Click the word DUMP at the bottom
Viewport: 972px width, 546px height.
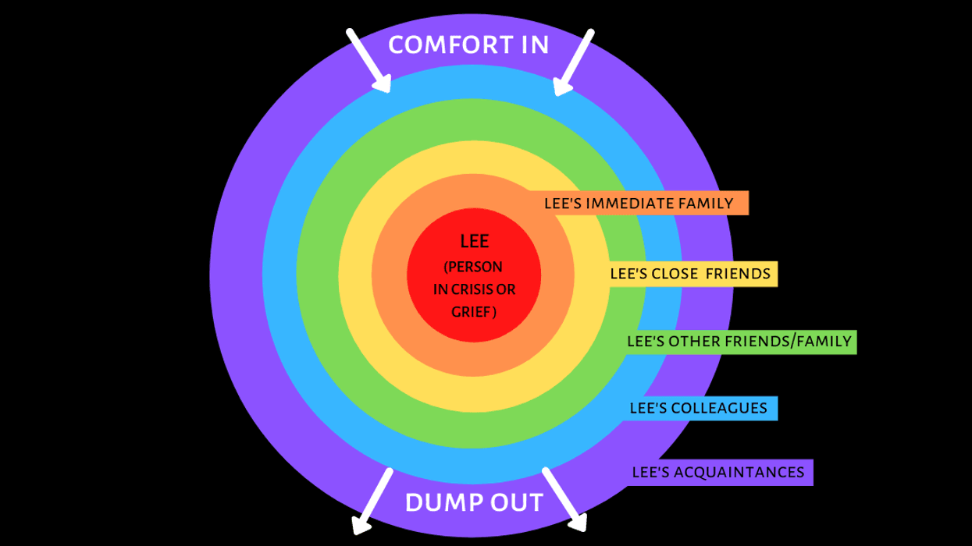click(x=438, y=502)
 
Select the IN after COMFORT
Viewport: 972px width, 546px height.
click(x=532, y=44)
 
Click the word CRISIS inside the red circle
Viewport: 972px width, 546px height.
click(x=465, y=289)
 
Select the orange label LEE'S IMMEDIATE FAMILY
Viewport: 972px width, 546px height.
click(x=639, y=204)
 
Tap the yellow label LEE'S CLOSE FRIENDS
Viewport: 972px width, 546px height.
click(x=690, y=274)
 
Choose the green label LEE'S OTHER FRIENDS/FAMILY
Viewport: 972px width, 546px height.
click(x=739, y=342)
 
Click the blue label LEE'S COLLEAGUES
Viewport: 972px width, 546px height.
click(x=698, y=408)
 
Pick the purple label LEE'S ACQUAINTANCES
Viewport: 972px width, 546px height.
click(x=717, y=472)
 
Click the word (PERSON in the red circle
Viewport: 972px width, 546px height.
click(x=474, y=268)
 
